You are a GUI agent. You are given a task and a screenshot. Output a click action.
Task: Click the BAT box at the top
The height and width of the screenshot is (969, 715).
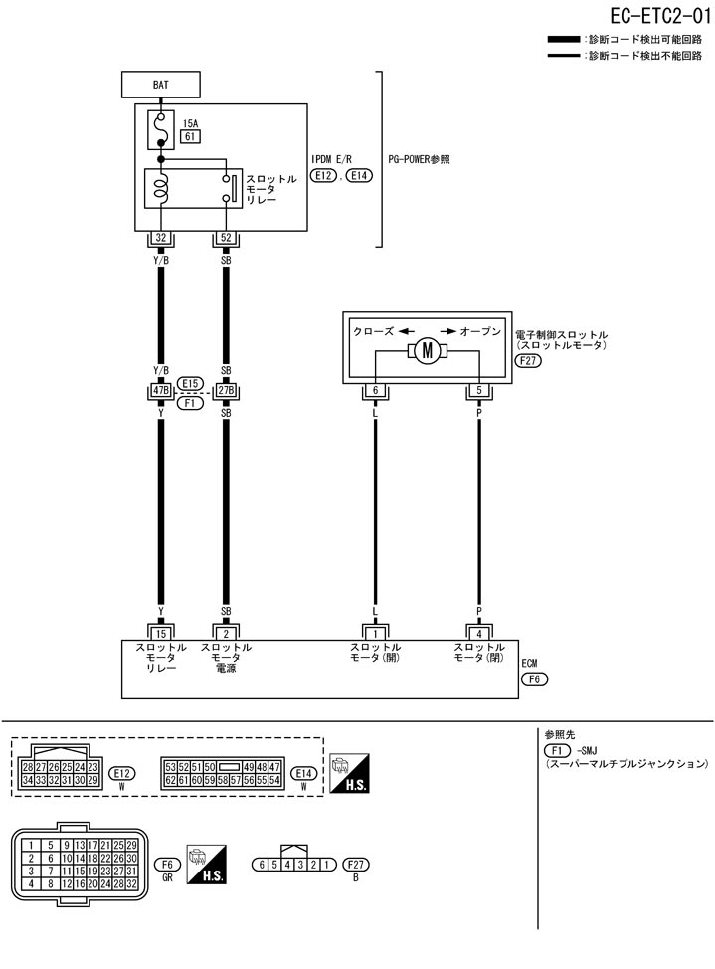[160, 85]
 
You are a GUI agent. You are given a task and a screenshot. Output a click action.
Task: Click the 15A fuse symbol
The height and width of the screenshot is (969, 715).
[160, 127]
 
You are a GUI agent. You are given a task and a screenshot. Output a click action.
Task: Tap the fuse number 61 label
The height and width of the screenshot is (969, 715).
[190, 137]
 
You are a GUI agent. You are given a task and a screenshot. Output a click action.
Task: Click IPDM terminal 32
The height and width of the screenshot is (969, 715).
[160, 239]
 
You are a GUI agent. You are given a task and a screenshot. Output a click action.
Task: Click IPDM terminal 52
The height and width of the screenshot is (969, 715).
[225, 239]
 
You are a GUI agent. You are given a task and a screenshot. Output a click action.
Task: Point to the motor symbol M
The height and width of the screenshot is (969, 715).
[428, 351]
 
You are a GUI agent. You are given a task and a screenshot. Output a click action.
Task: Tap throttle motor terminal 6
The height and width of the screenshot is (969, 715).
[375, 391]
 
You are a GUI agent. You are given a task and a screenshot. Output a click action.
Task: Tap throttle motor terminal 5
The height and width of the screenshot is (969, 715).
[479, 391]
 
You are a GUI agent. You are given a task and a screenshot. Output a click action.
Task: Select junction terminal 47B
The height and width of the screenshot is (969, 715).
[160, 391]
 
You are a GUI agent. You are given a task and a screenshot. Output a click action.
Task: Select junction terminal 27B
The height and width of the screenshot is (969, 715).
[226, 391]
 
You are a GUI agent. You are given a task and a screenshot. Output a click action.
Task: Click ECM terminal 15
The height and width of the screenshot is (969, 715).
[160, 632]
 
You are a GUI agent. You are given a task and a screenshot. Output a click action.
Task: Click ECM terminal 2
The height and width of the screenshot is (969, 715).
[226, 632]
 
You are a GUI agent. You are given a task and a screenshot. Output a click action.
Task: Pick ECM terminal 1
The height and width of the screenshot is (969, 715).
[375, 632]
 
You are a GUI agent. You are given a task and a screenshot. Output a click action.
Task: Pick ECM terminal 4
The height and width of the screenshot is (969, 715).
[479, 632]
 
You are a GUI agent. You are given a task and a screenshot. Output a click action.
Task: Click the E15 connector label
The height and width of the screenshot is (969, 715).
[191, 382]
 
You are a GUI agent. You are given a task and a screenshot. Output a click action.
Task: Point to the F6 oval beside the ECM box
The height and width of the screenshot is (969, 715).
[535, 680]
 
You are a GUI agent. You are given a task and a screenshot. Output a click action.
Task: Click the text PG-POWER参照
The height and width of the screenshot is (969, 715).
[419, 159]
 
